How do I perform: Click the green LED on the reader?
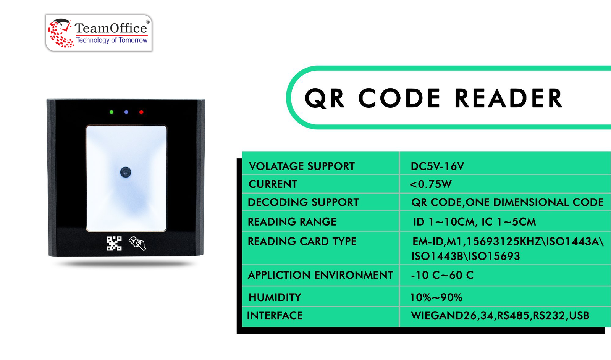(111, 112)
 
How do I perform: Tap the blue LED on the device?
(126, 112)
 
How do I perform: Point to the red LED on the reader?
(141, 112)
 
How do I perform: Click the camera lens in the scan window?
(126, 172)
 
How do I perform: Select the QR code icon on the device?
(114, 243)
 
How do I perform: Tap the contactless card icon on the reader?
(137, 243)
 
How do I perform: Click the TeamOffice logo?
(99, 33)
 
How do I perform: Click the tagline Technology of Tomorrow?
(112, 40)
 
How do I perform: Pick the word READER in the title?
(509, 98)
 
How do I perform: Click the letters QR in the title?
(325, 98)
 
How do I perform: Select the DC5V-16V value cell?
(437, 166)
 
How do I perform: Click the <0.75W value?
(431, 184)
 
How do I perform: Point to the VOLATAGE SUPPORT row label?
(302, 166)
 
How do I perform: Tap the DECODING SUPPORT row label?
(303, 202)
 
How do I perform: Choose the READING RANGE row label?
(292, 222)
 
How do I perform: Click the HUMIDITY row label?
(275, 297)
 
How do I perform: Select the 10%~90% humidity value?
(436, 297)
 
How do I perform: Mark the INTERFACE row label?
(275, 316)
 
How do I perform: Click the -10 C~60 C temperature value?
(442, 275)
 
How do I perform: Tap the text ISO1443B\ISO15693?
(466, 256)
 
